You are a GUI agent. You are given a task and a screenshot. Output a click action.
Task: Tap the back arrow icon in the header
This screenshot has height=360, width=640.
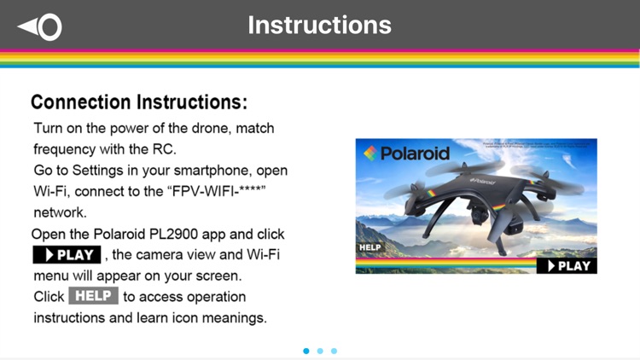click(x=39, y=26)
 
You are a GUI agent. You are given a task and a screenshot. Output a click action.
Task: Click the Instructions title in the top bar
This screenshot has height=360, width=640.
click(x=319, y=25)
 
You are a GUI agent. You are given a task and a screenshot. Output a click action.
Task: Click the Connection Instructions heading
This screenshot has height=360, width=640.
click(x=139, y=102)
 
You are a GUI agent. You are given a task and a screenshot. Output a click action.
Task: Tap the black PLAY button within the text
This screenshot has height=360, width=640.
click(x=67, y=254)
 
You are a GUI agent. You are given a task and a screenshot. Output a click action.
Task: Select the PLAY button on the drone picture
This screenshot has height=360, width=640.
click(x=567, y=265)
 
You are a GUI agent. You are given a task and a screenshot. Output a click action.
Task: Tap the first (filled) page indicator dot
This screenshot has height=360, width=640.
click(x=306, y=351)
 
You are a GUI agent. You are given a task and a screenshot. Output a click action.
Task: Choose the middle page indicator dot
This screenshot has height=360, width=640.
click(x=320, y=351)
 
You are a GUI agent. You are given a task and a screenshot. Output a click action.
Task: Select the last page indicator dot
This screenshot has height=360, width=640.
click(x=334, y=351)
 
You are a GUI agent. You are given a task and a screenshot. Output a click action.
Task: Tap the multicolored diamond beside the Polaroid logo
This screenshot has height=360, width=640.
click(x=369, y=154)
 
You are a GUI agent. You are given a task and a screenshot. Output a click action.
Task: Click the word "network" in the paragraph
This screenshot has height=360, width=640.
click(x=61, y=212)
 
